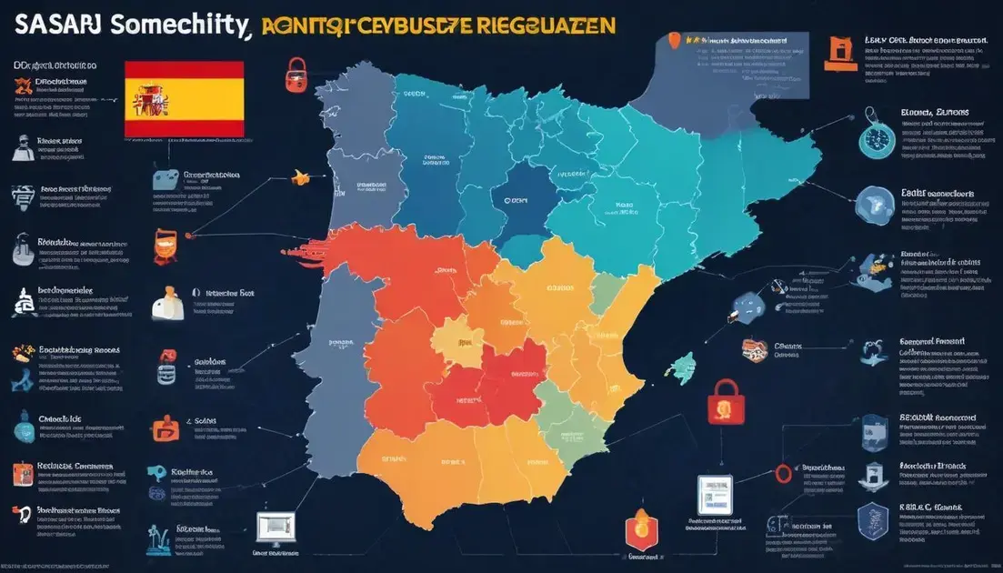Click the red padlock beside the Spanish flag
point(296,74)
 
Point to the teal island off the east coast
point(680,366)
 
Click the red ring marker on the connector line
point(781,473)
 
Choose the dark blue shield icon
point(874,515)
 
